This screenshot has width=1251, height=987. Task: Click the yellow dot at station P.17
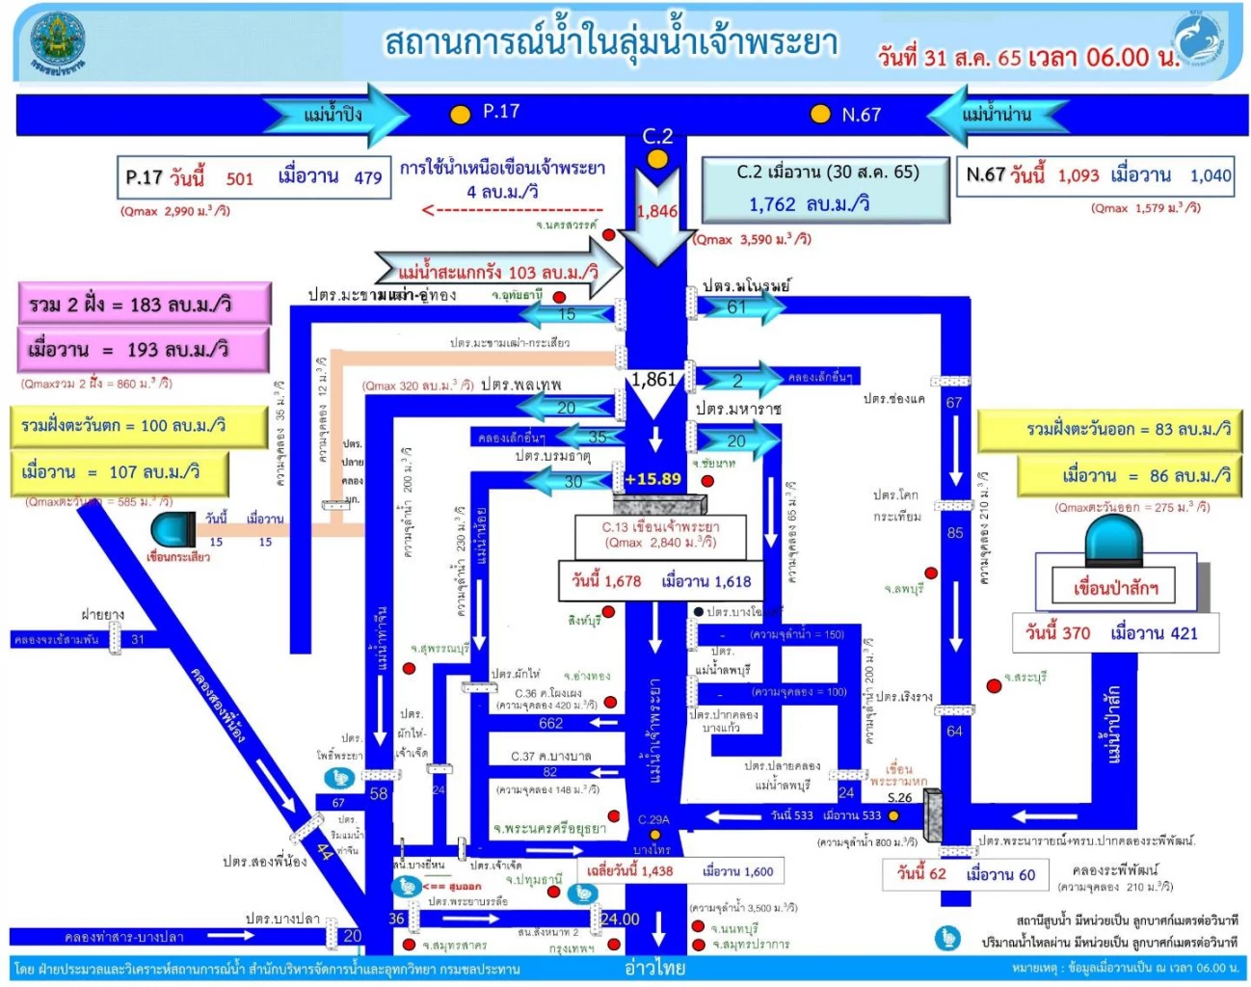(x=461, y=115)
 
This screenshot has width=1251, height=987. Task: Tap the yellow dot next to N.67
(x=820, y=114)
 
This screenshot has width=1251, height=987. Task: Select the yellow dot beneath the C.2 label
(x=657, y=159)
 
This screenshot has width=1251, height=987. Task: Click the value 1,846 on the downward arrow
(x=656, y=211)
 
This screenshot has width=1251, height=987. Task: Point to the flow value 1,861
(x=654, y=380)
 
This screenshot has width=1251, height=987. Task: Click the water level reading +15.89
(x=652, y=479)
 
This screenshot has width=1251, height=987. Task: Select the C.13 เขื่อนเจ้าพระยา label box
(x=660, y=535)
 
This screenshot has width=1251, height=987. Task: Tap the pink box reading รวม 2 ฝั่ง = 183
(x=144, y=305)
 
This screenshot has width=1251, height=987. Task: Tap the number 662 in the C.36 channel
(x=550, y=723)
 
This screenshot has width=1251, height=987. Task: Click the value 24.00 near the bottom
(x=620, y=919)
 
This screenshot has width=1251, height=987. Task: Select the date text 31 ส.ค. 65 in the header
(x=973, y=57)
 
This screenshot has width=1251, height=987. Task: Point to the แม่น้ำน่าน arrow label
(x=996, y=114)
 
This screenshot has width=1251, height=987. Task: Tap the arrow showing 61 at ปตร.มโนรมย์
(x=741, y=307)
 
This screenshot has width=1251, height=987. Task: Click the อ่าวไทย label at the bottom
(x=654, y=968)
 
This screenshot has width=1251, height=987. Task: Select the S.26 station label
(x=898, y=797)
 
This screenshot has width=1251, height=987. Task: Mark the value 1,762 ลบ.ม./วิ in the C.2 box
(x=809, y=204)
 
